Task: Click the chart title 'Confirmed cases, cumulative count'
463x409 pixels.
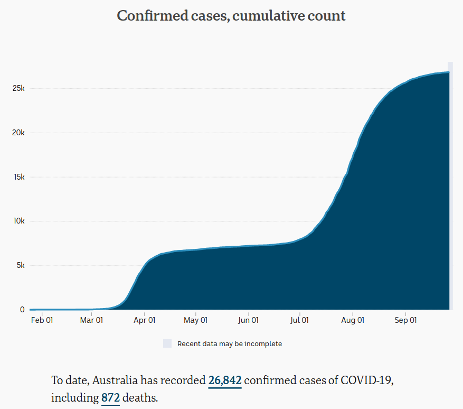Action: (x=231, y=16)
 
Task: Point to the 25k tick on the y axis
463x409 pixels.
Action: (x=18, y=88)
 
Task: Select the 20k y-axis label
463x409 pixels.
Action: (x=18, y=132)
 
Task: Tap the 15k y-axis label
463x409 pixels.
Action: (x=18, y=176)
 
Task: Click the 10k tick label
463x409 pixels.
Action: (x=18, y=221)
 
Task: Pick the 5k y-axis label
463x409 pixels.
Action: (x=20, y=265)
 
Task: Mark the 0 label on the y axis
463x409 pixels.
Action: (x=22, y=310)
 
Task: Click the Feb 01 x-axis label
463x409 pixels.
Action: (x=42, y=320)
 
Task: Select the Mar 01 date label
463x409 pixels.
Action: (x=91, y=320)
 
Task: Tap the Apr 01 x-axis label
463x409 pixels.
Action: (x=144, y=320)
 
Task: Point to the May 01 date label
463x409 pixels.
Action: (x=195, y=320)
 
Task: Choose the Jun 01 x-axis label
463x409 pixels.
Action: (x=248, y=320)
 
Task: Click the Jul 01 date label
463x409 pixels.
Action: (x=299, y=320)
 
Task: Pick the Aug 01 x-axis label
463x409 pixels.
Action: (x=352, y=320)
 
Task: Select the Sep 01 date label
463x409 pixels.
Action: (x=405, y=320)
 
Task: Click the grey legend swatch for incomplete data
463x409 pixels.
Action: (x=167, y=343)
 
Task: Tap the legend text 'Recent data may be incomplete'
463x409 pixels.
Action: (x=230, y=344)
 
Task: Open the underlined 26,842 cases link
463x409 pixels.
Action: (x=225, y=380)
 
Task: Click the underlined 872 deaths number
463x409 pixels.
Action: (x=110, y=398)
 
